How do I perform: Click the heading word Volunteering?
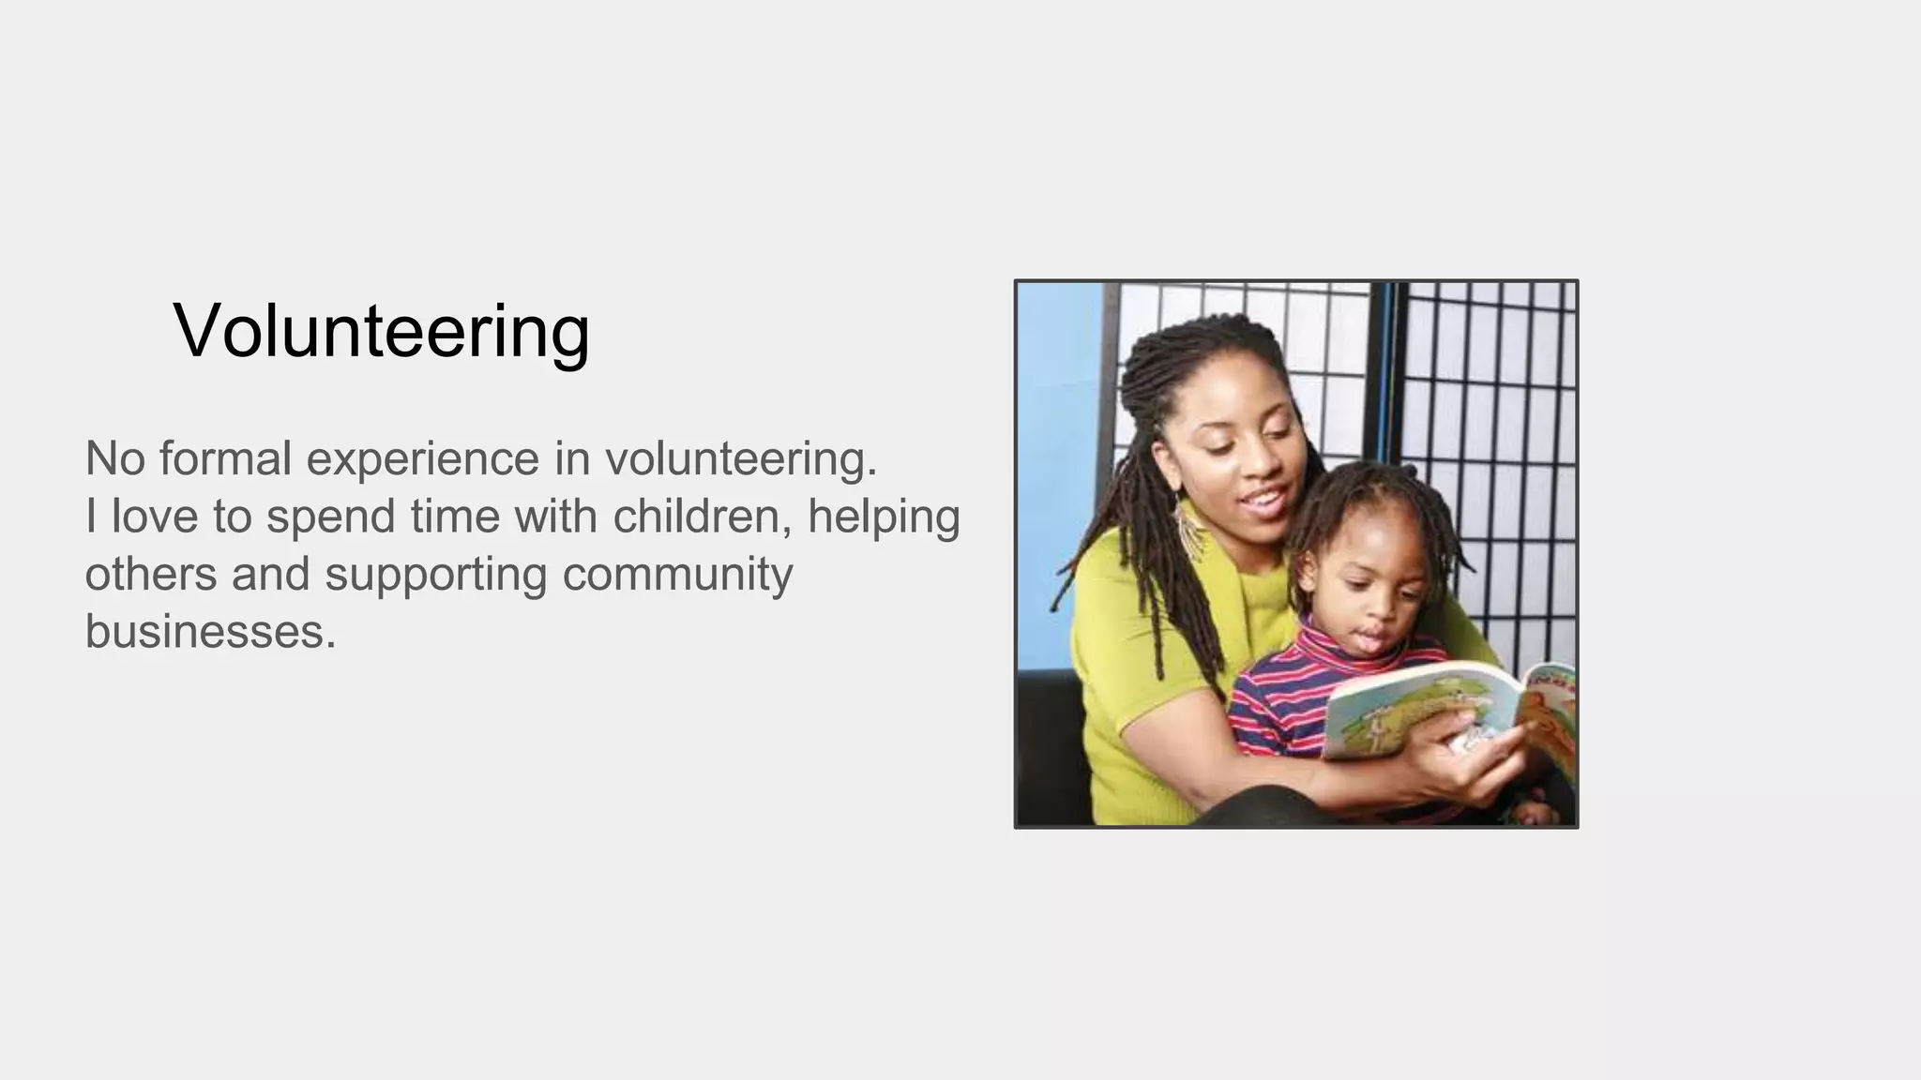click(x=381, y=331)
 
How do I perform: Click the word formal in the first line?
click(x=225, y=459)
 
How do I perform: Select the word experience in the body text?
click(x=423, y=459)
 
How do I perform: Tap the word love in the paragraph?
click(x=155, y=517)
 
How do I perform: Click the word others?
click(x=150, y=574)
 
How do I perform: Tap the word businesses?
click(x=210, y=631)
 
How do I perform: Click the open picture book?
click(x=1445, y=708)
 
